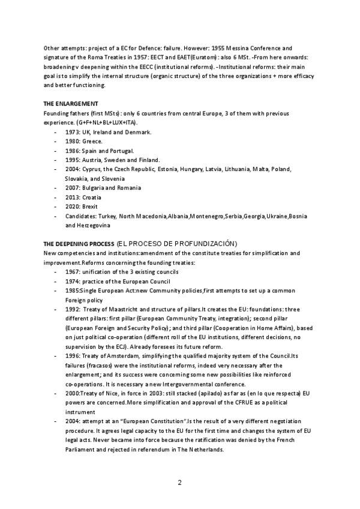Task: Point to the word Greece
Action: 93,141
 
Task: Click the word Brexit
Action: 92,206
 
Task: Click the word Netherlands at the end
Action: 203,449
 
